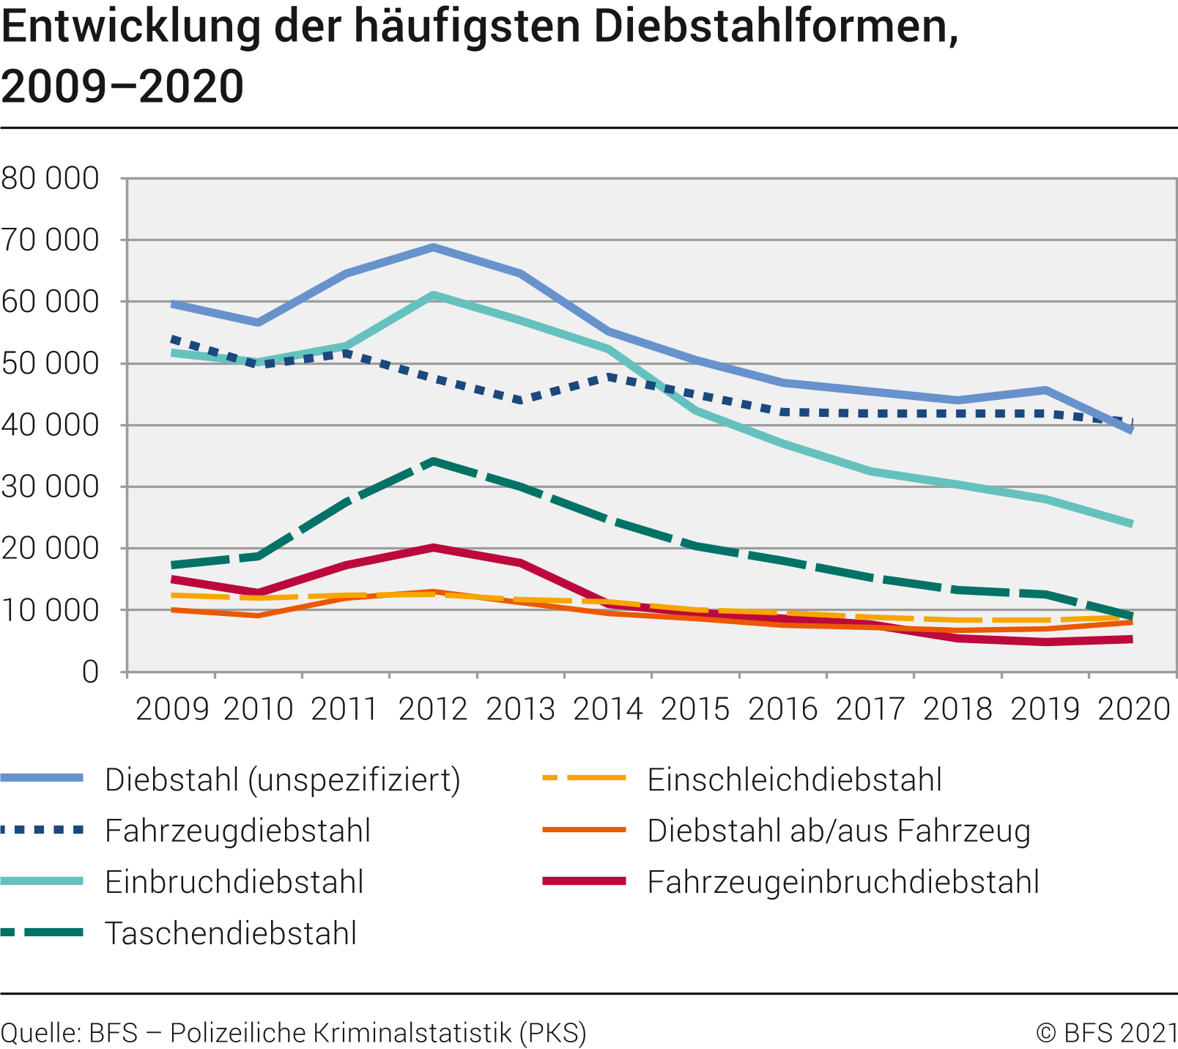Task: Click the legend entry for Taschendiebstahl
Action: (230, 933)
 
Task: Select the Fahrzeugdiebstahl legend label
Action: (237, 831)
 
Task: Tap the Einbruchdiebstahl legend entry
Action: (234, 882)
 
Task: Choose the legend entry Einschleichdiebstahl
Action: (794, 780)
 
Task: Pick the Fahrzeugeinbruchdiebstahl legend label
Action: (842, 882)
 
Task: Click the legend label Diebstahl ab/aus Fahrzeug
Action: (839, 831)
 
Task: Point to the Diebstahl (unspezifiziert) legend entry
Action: (282, 780)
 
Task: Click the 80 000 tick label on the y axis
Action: (50, 178)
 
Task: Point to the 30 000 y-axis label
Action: (50, 486)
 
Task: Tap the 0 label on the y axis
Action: (89, 672)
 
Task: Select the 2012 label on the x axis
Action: (433, 709)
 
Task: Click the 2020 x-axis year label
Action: (1133, 709)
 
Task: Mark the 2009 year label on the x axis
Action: (172, 709)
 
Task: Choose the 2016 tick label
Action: (782, 709)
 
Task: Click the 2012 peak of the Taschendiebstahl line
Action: (434, 462)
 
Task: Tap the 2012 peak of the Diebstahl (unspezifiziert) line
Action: (434, 248)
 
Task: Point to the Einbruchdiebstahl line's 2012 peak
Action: (434, 295)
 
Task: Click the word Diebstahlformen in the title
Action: (776, 27)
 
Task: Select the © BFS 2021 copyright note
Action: (1106, 1033)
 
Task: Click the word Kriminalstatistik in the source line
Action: (412, 1033)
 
